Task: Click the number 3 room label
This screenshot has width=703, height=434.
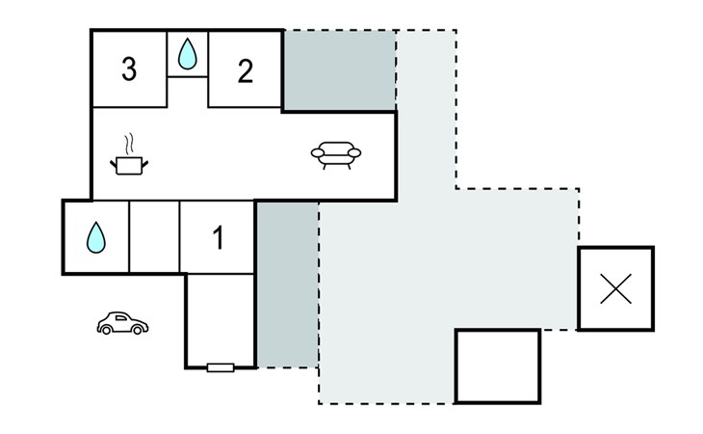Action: click(129, 69)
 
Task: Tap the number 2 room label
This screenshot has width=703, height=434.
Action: click(246, 70)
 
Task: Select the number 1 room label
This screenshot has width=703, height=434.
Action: click(218, 237)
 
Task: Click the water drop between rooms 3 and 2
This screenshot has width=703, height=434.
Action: click(188, 54)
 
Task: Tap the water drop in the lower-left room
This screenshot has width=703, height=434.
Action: click(94, 236)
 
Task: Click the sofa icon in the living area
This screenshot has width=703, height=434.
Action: click(336, 154)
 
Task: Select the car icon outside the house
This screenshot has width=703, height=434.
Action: click(122, 323)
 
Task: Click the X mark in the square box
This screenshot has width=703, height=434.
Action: click(615, 288)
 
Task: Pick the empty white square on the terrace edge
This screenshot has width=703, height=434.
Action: click(496, 366)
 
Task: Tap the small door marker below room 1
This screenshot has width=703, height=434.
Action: click(221, 366)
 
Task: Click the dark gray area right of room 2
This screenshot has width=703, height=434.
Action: click(339, 69)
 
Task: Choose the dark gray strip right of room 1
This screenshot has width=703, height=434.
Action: click(287, 284)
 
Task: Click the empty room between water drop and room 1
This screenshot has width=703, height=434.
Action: click(154, 236)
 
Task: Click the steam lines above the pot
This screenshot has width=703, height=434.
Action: click(127, 144)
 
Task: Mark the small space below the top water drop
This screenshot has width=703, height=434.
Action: click(188, 92)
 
